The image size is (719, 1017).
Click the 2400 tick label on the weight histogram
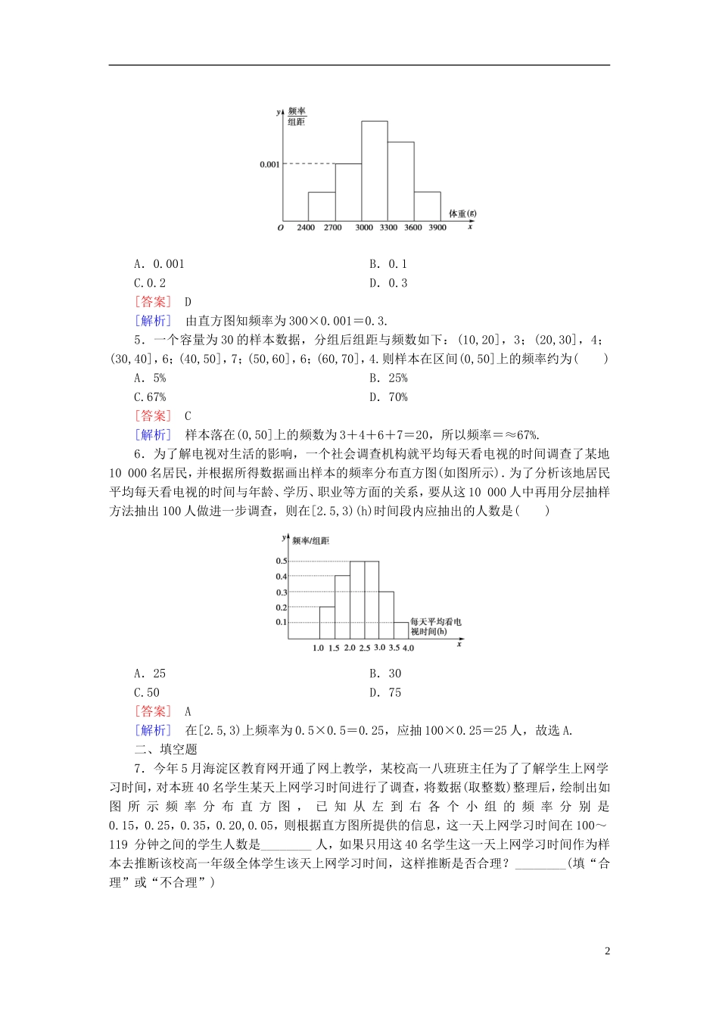coord(306,227)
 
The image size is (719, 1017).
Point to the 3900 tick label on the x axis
coord(437,227)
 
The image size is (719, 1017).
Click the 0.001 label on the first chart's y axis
coord(269,164)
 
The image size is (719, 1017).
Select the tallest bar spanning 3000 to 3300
coord(375,170)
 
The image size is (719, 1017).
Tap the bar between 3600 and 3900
coord(428,206)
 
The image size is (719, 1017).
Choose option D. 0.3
coord(388,283)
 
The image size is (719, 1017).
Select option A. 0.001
coord(159,264)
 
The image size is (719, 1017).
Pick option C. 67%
coord(150,397)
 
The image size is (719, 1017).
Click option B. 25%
coord(388,378)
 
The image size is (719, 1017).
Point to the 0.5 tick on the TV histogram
coord(282,561)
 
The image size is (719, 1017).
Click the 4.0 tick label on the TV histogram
coord(409,648)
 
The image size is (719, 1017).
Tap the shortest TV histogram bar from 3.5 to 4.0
coord(401,631)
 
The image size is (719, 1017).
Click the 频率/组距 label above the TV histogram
coord(311,541)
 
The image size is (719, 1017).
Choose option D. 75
coord(385,692)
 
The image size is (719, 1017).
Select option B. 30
coord(385,673)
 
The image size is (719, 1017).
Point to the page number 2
coord(607,951)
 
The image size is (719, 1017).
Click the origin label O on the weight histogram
coord(281,228)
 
